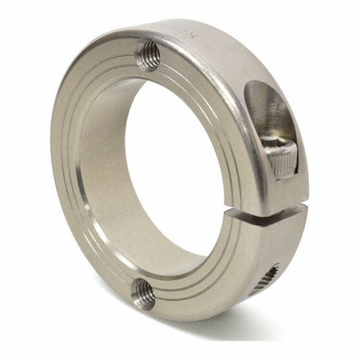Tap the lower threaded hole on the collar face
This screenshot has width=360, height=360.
(142, 294)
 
